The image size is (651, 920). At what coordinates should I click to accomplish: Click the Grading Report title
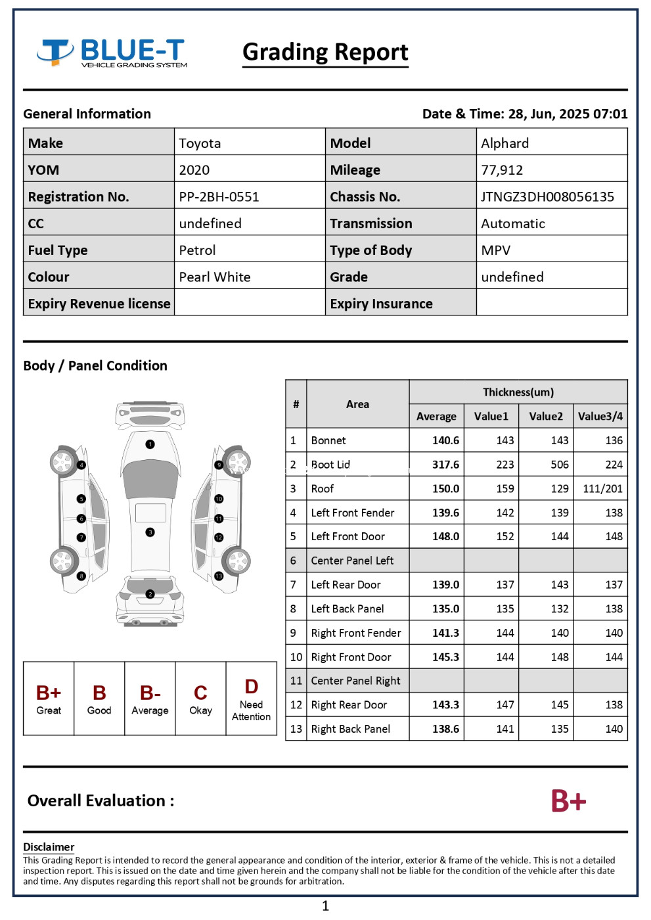tap(325, 52)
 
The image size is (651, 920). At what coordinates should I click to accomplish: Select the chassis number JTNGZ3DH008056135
tap(547, 196)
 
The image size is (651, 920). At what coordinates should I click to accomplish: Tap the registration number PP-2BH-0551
tap(219, 196)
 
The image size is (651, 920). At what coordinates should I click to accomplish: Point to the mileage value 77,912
tap(502, 170)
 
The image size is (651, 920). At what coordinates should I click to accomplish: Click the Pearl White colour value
tap(215, 277)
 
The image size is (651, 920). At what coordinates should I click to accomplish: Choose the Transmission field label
tap(371, 223)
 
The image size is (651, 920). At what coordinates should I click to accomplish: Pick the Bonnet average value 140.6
tap(445, 440)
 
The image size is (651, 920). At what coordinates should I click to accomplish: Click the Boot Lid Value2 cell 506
tap(559, 465)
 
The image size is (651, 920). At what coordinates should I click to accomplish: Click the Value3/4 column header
tap(600, 416)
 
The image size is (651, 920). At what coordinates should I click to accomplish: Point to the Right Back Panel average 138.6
tap(445, 729)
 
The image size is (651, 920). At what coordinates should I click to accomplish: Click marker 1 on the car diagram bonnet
tap(150, 444)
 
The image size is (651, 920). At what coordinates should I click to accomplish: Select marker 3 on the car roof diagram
tap(150, 532)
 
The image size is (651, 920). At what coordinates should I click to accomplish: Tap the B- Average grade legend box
tap(150, 699)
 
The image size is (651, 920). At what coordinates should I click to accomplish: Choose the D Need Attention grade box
tap(251, 699)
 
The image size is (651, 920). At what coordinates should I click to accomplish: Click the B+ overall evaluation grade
tap(568, 801)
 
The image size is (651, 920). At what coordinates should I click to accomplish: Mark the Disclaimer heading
tap(49, 847)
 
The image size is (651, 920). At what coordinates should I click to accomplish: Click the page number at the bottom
tap(325, 906)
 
